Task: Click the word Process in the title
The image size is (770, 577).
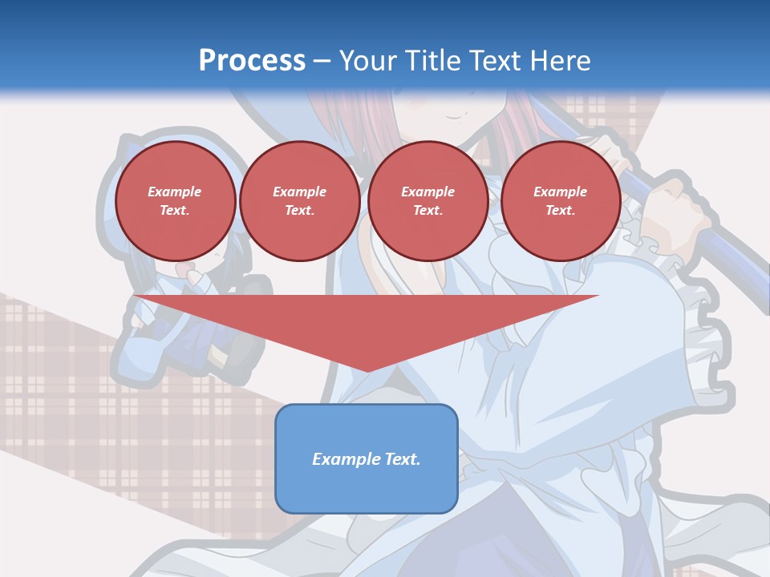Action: coord(252,60)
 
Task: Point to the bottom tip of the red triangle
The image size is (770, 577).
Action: coord(367,370)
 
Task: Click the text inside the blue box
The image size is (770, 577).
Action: coord(366,459)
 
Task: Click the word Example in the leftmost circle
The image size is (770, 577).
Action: coord(174,192)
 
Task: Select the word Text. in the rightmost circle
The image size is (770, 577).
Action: coord(560,210)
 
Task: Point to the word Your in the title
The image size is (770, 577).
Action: coord(366,60)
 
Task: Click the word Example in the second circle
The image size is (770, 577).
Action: coord(299,192)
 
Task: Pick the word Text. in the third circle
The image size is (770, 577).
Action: coord(428,210)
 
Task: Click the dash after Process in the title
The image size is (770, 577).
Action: coord(322,61)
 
